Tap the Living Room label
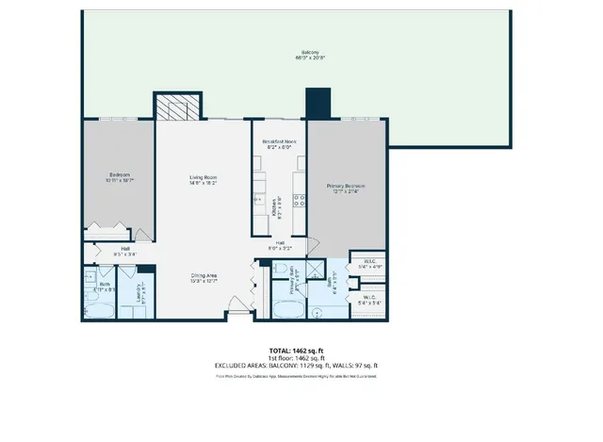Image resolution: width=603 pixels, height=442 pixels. tap(178, 180)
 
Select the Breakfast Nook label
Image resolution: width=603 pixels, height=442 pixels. tap(279, 143)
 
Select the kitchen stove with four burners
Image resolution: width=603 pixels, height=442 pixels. tap(301, 199)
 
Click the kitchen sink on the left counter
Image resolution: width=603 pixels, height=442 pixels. tap(256, 199)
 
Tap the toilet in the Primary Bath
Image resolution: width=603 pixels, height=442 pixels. tap(281, 270)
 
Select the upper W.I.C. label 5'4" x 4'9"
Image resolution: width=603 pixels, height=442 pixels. tap(367, 267)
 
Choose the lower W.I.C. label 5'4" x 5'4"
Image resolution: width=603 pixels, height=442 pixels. tap(367, 302)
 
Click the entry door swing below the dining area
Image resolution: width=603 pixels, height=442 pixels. tap(242, 304)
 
